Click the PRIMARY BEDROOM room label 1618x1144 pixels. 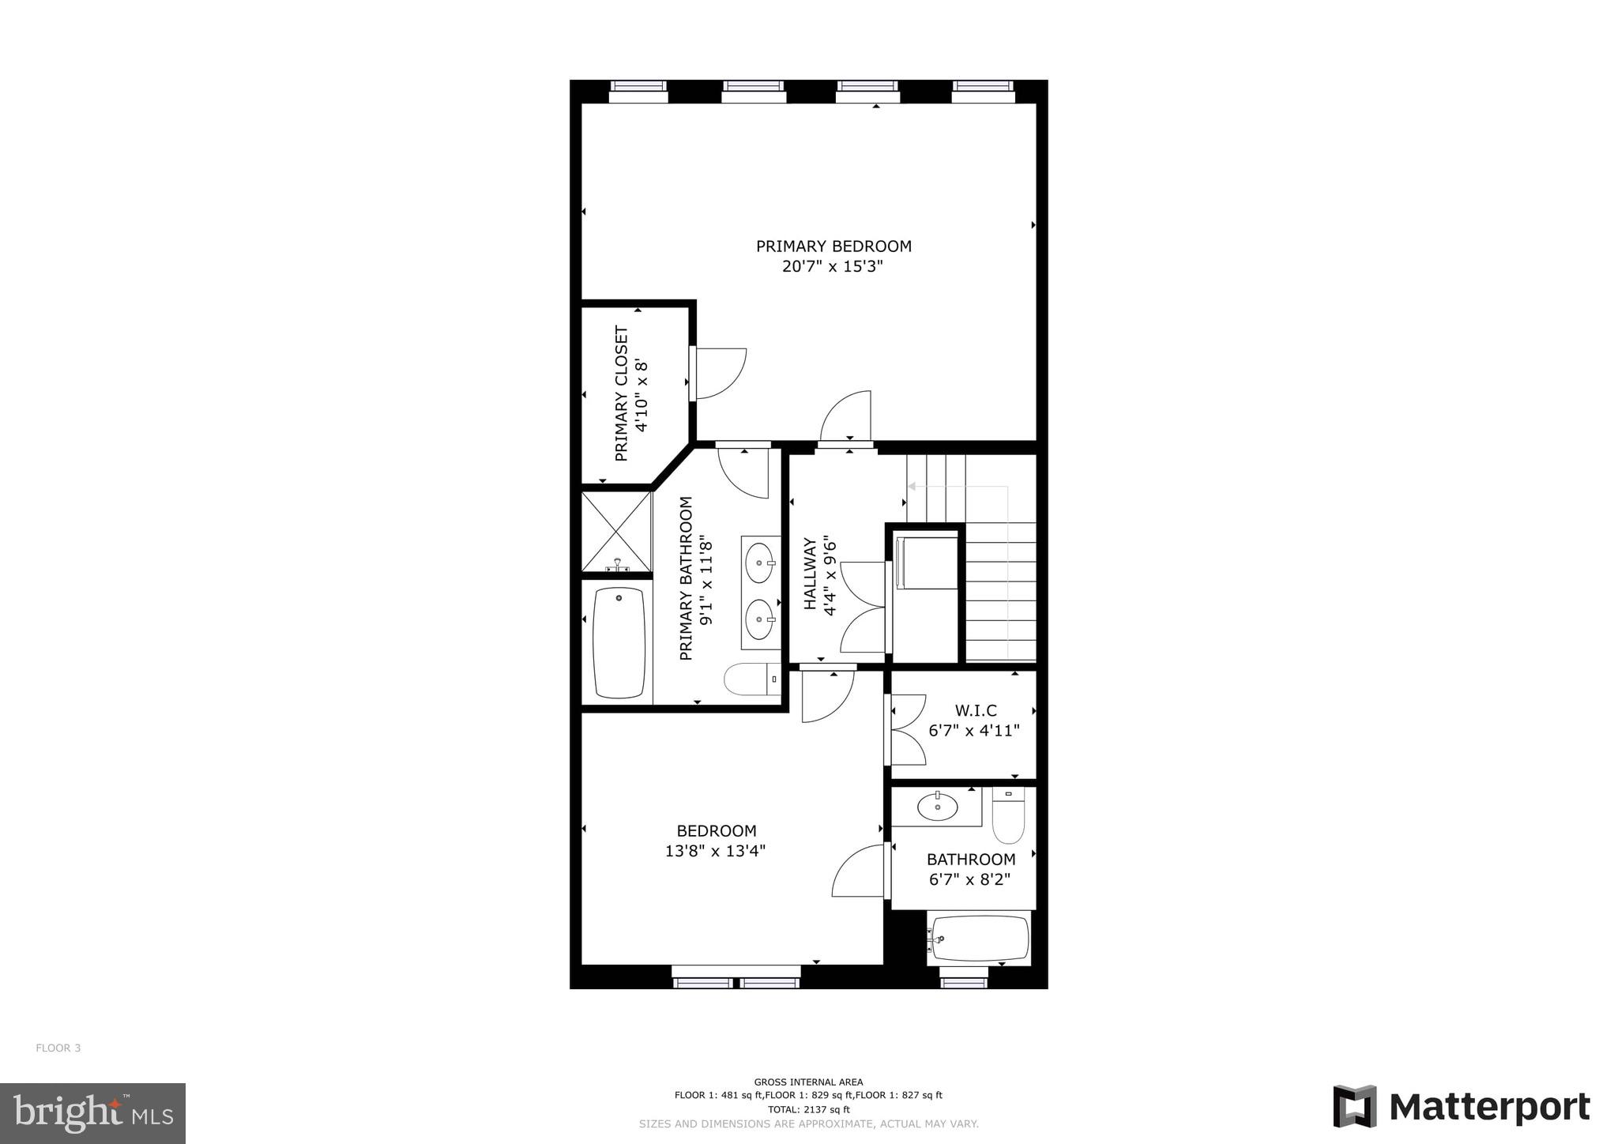(833, 246)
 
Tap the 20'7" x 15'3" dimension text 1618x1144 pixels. (832, 267)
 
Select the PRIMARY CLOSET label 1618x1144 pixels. (621, 393)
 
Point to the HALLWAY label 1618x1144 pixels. (810, 574)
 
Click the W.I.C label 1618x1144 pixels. (975, 710)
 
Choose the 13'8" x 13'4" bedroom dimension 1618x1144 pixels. (715, 851)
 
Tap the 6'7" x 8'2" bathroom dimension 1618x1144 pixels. (971, 879)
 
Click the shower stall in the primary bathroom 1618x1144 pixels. (616, 531)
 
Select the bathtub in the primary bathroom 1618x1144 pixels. (619, 642)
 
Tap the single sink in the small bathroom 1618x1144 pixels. (938, 807)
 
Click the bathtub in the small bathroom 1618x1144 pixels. (980, 939)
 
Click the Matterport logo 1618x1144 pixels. (1462, 1107)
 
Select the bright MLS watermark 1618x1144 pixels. (93, 1113)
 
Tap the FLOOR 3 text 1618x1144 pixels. (58, 1048)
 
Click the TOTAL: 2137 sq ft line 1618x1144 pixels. (808, 1109)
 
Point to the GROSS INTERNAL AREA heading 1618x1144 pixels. (808, 1082)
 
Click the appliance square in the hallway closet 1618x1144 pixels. (925, 562)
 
